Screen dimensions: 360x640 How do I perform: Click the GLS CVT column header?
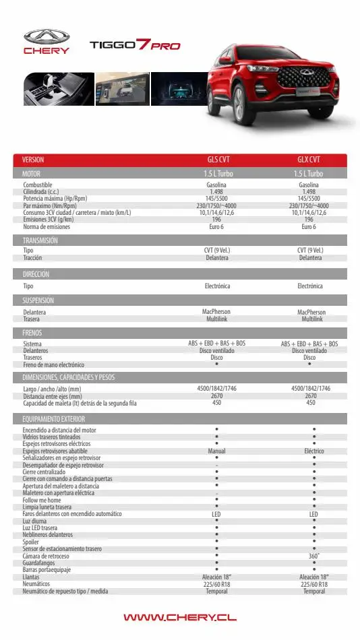218,160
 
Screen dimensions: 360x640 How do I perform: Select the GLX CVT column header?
309,160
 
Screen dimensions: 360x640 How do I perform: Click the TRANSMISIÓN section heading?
40,241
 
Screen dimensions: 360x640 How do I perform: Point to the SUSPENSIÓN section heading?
38,300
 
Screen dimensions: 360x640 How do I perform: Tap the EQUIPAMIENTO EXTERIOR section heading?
53,419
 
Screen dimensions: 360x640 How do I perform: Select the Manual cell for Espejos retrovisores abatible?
216,451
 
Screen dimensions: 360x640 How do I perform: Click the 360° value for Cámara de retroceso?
313,556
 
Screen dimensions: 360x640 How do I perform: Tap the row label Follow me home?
42,501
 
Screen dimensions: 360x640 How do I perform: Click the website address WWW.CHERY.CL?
179,617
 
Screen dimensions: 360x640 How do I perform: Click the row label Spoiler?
32,542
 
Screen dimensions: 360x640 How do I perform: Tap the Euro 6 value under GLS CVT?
216,226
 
